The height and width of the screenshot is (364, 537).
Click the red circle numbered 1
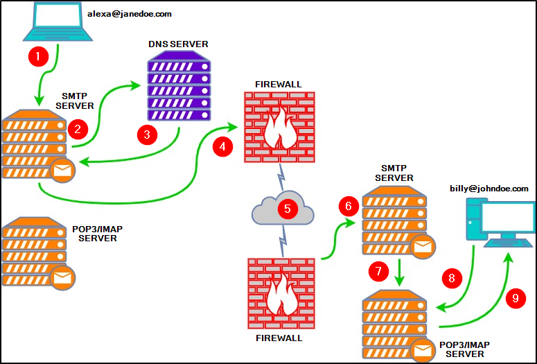click(x=36, y=55)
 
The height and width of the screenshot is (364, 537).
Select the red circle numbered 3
click(x=147, y=135)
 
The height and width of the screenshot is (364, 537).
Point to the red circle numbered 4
click(x=223, y=147)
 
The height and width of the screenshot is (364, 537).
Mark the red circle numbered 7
click(x=379, y=271)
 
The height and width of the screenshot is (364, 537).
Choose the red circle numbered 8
click(x=452, y=279)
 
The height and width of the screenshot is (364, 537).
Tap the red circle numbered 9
click(x=515, y=299)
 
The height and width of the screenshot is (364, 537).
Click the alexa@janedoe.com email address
click(x=130, y=13)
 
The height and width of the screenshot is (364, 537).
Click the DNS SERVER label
click(x=178, y=44)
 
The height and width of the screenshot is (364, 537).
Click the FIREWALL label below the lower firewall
click(x=279, y=338)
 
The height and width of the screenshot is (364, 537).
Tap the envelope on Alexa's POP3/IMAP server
click(x=63, y=277)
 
